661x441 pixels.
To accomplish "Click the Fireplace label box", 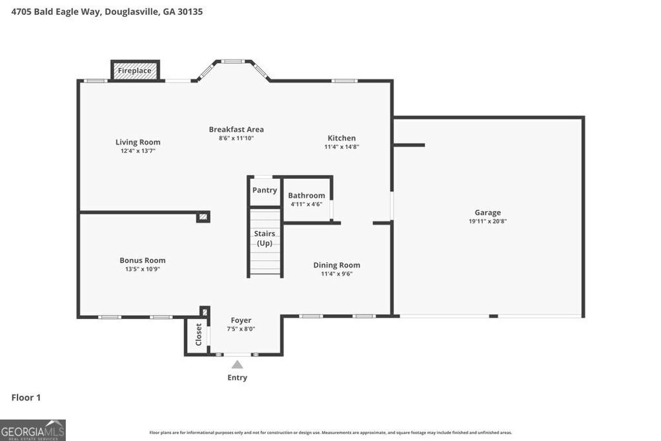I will click(135, 70).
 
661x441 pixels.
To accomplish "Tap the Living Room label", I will click(138, 142).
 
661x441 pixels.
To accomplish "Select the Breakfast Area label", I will click(236, 129).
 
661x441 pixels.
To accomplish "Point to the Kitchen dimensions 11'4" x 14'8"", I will click(341, 147).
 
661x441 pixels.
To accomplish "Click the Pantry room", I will click(265, 190).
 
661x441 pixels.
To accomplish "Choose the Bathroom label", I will click(307, 196).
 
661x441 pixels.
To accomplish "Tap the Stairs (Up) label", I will click(265, 238).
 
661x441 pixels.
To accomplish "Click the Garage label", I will click(487, 212).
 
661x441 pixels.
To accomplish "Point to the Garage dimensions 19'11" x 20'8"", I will click(487, 221).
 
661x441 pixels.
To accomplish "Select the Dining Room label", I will click(336, 265).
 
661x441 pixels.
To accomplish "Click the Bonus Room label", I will click(143, 260).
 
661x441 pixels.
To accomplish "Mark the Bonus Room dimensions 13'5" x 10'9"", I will click(143, 269).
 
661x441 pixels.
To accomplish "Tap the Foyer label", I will click(241, 320).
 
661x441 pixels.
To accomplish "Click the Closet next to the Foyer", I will click(198, 334).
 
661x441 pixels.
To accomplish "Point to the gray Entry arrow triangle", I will click(238, 365).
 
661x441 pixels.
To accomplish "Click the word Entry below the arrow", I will click(238, 378).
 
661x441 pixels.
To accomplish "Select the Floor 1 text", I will click(26, 398).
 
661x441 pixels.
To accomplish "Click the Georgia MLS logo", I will click(33, 430).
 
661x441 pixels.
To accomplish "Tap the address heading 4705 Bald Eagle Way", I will click(107, 12).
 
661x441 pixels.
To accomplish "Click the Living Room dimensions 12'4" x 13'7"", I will click(138, 151).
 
